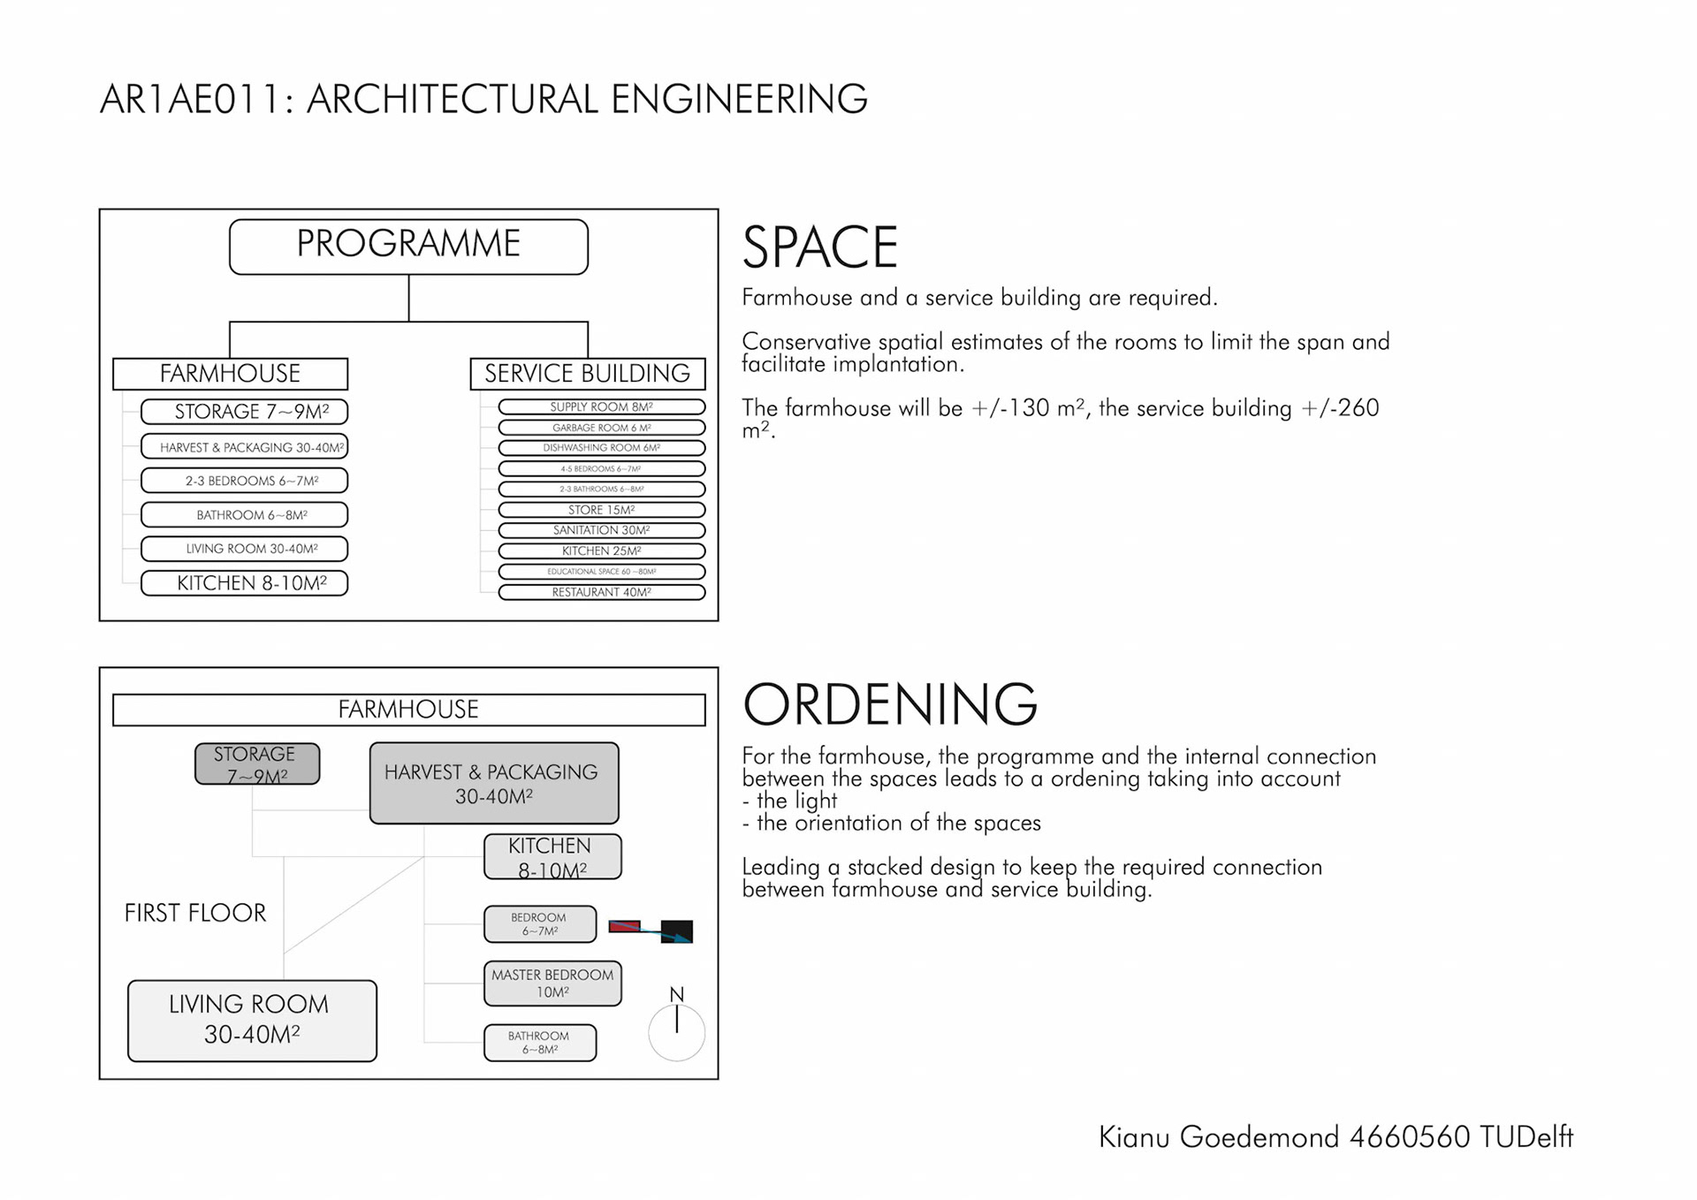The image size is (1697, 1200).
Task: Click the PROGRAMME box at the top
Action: (x=408, y=247)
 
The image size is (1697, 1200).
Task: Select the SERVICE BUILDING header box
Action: (x=587, y=374)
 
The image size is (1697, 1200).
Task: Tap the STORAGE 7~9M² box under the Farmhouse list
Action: (x=244, y=412)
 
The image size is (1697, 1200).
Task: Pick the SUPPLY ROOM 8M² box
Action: (x=601, y=407)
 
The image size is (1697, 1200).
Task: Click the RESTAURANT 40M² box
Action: (x=601, y=592)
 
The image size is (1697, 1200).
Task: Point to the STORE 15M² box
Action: (x=601, y=510)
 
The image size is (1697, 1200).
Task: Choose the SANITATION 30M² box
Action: (x=601, y=530)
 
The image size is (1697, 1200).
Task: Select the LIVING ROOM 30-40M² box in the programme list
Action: (x=244, y=549)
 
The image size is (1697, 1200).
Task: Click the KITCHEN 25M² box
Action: (x=601, y=551)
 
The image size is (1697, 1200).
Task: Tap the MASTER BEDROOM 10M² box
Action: (x=552, y=984)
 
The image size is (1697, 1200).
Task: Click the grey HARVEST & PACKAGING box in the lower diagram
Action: (x=493, y=783)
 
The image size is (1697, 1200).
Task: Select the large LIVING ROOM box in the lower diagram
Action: (x=252, y=1021)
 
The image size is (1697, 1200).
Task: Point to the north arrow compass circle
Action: (x=676, y=1032)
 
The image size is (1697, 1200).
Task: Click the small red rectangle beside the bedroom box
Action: (x=624, y=926)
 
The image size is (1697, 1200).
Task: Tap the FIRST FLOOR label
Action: (x=194, y=913)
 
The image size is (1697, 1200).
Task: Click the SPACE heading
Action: (x=819, y=247)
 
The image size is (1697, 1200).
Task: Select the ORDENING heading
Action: (x=889, y=704)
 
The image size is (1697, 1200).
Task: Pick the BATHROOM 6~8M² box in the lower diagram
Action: (x=539, y=1043)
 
